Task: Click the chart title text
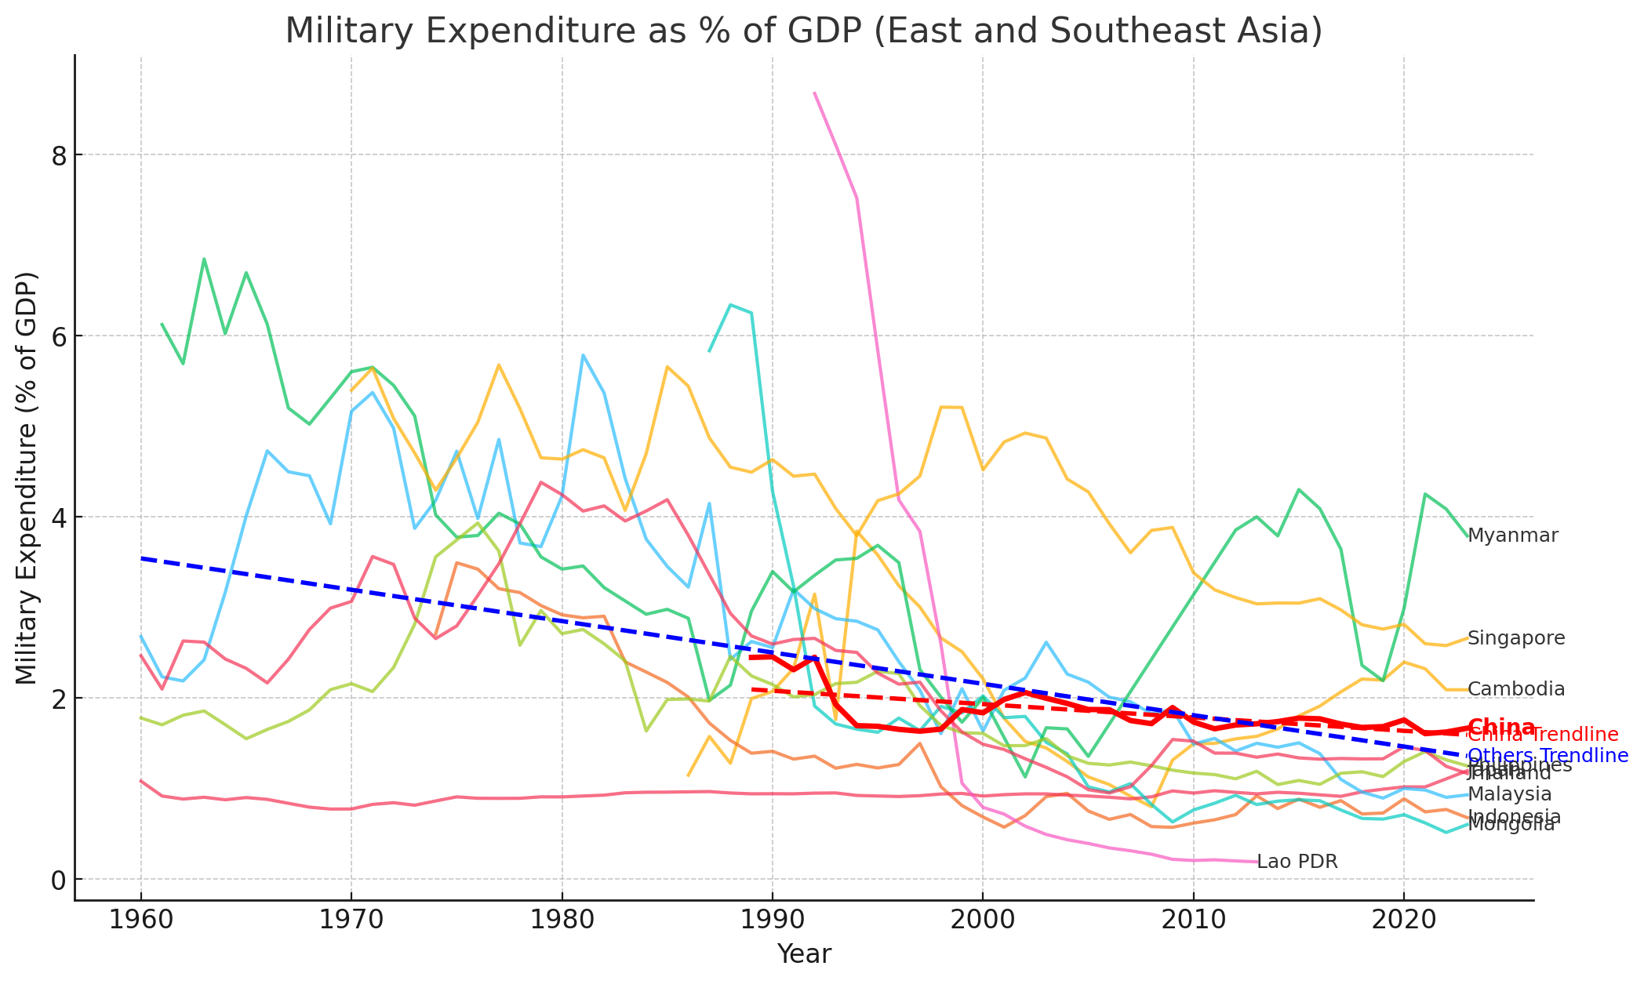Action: tap(803, 31)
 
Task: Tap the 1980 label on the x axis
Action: tap(562, 920)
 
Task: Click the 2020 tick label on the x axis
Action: tap(1403, 920)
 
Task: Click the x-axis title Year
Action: tap(803, 954)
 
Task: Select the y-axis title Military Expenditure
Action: tap(27, 477)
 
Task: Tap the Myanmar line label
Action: tap(1512, 536)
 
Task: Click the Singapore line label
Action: tap(1515, 638)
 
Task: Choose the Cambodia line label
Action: tap(1515, 689)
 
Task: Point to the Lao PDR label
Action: tap(1297, 862)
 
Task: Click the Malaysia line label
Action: tap(1509, 794)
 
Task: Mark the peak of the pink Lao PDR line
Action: tap(815, 93)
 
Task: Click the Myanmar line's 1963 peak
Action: tap(204, 259)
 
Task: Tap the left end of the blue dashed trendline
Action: tap(141, 558)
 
